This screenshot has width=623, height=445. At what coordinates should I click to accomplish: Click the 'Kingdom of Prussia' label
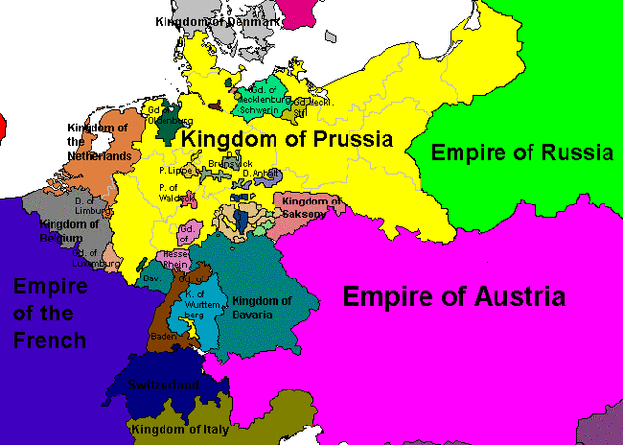(289, 139)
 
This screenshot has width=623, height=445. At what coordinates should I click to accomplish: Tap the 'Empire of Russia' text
(522, 153)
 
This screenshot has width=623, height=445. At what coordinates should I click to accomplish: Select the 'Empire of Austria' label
(453, 296)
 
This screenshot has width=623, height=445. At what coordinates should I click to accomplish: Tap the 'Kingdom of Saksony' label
(311, 207)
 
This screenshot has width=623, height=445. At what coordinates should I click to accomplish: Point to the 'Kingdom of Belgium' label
(70, 230)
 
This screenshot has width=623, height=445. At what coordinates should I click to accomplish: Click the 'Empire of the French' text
(49, 313)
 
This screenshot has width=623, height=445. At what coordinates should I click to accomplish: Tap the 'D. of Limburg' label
(92, 204)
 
